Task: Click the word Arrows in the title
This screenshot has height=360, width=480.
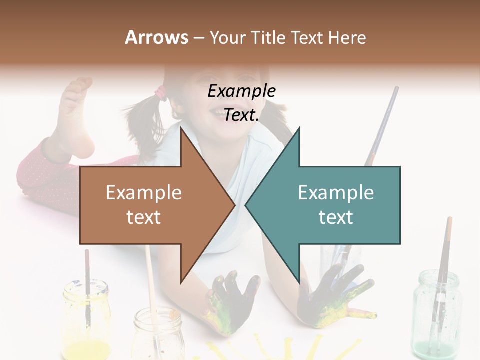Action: [x=157, y=37]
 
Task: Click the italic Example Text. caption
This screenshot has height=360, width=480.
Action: [x=241, y=103]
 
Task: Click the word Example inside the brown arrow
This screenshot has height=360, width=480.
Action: [x=144, y=193]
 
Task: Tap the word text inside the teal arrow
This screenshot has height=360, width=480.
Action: [x=336, y=217]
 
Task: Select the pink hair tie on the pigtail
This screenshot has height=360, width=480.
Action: [x=161, y=91]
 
